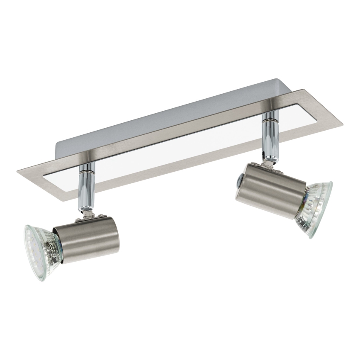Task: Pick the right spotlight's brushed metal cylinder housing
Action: point(272,187)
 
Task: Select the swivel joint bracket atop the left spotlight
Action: point(88,213)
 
